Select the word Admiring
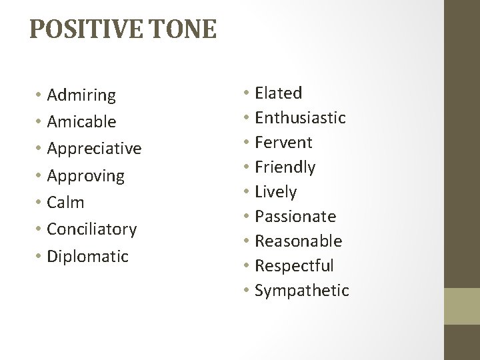point(81,96)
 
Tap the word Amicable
point(81,122)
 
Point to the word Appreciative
point(94,149)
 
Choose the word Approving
point(85,176)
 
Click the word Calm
point(65,202)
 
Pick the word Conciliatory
point(92,229)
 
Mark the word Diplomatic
point(87,256)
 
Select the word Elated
point(278,93)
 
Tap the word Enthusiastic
point(300,118)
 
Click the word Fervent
point(283,143)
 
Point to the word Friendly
point(285,167)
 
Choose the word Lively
point(276,192)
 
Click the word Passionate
point(295,217)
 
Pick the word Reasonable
point(299,241)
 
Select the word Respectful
point(294,265)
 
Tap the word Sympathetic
point(301,291)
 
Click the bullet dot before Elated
point(247,93)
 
